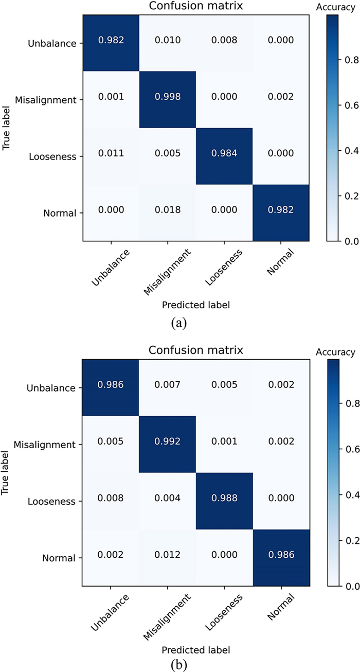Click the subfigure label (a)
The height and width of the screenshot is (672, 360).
(180, 323)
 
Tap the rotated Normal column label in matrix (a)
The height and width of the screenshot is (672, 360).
(275, 262)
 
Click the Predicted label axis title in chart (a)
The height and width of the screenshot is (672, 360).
(196, 305)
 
